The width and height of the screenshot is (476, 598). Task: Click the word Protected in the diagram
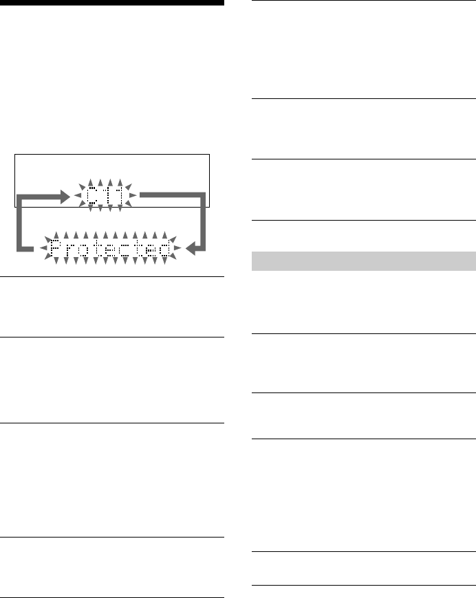coord(111,249)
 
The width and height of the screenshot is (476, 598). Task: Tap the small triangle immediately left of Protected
coord(43,249)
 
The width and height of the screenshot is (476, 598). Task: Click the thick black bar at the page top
coord(111,3)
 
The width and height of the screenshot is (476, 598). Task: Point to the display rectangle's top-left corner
coord(15,155)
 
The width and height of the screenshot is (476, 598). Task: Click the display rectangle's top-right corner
coord(209,155)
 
